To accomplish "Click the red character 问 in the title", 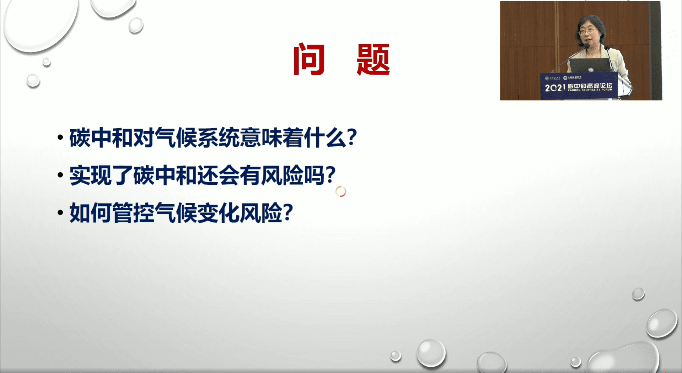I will tap(308, 59).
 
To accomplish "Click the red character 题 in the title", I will tap(373, 59).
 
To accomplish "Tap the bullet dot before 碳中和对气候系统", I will tap(60, 137).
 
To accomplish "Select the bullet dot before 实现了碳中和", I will tap(60, 175).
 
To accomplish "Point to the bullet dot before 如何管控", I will tap(60, 212).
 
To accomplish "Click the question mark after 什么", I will tap(352, 137).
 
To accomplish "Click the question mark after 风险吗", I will tap(331, 174).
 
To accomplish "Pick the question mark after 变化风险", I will tap(288, 212).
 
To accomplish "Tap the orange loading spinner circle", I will tap(340, 191).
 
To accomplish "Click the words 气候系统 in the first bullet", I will tap(197, 137).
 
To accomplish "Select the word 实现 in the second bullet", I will tap(90, 175).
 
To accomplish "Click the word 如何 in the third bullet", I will tap(90, 212).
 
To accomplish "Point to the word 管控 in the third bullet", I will tap(133, 212).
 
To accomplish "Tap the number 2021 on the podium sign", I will tap(554, 87).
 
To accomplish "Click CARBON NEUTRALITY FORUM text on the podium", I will tap(590, 90).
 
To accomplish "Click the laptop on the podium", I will tap(590, 66).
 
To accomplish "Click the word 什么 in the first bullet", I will tap(325, 137).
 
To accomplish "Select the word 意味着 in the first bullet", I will tap(272, 137).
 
